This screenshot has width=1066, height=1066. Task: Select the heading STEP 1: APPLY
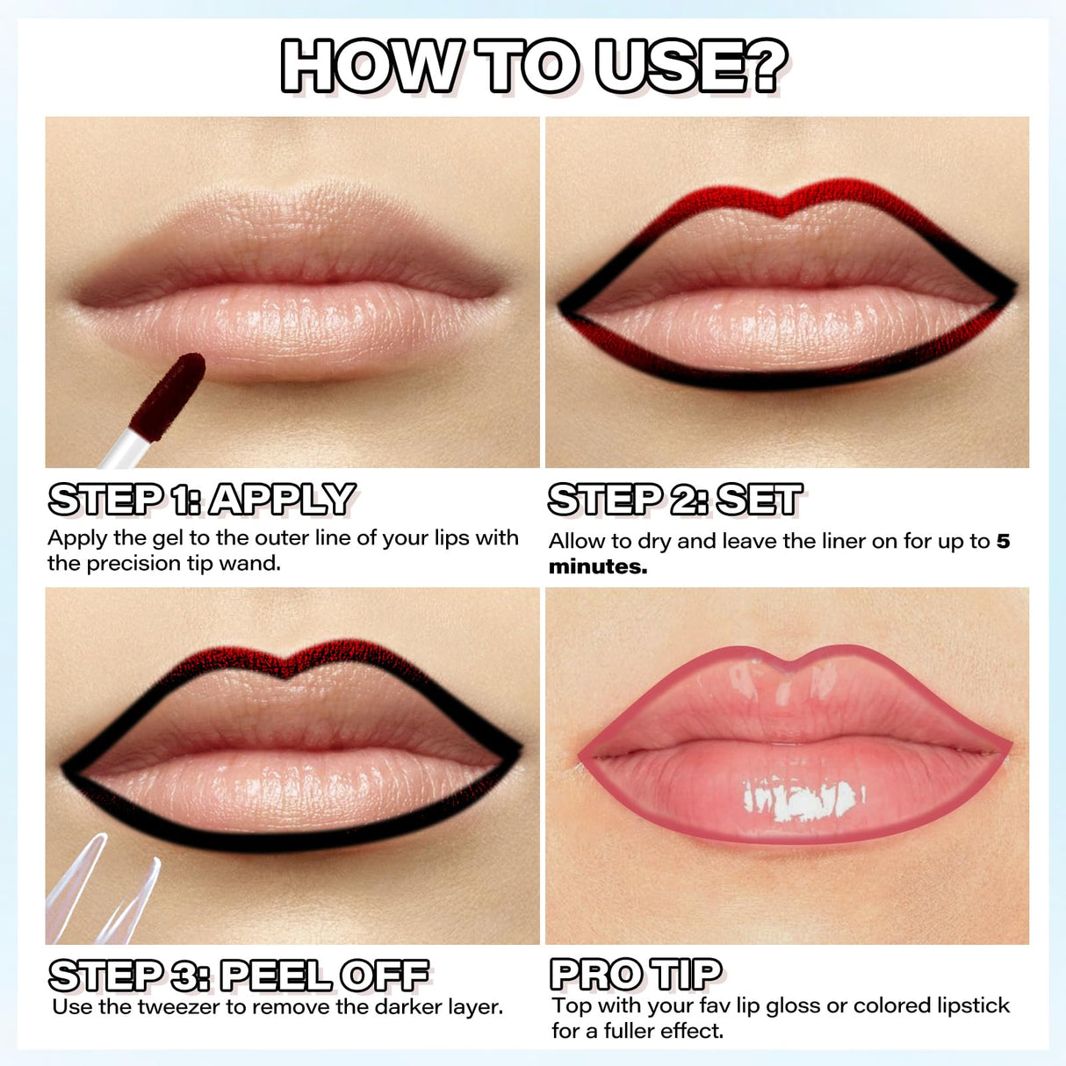[x=202, y=500]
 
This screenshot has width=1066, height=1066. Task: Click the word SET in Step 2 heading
[x=760, y=500]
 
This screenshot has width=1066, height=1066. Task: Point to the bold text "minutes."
[x=598, y=567]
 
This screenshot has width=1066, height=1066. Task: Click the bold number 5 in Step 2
[x=1003, y=541]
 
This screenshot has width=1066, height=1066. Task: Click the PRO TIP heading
[x=637, y=974]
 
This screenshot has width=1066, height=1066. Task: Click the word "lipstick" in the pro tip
[x=973, y=1005]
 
